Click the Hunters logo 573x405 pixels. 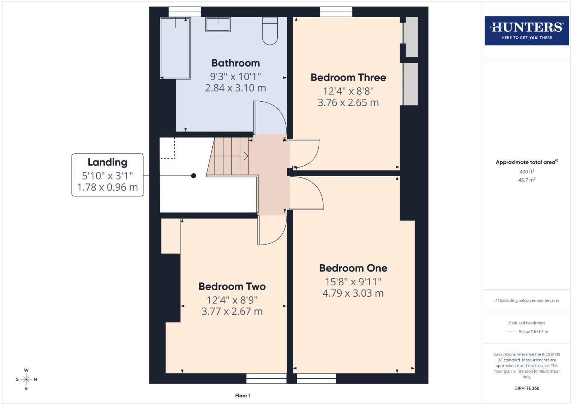point(526,30)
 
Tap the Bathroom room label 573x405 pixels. point(235,63)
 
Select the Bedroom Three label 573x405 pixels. point(348,78)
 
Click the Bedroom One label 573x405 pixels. point(353,268)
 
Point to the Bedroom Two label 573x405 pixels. point(232,286)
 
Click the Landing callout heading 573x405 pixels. point(107,162)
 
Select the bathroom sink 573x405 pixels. point(218,24)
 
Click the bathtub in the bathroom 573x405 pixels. point(175,48)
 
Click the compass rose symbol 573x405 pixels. point(26,379)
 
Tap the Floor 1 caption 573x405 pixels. point(243,396)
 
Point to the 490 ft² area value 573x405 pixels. point(526,172)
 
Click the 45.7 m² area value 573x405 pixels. point(526,180)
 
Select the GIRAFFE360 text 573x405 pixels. point(526,388)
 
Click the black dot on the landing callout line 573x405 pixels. point(194,175)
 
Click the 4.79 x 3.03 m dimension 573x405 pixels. point(353,293)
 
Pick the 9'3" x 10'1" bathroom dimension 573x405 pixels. point(235,76)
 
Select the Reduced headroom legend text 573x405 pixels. point(526,323)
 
